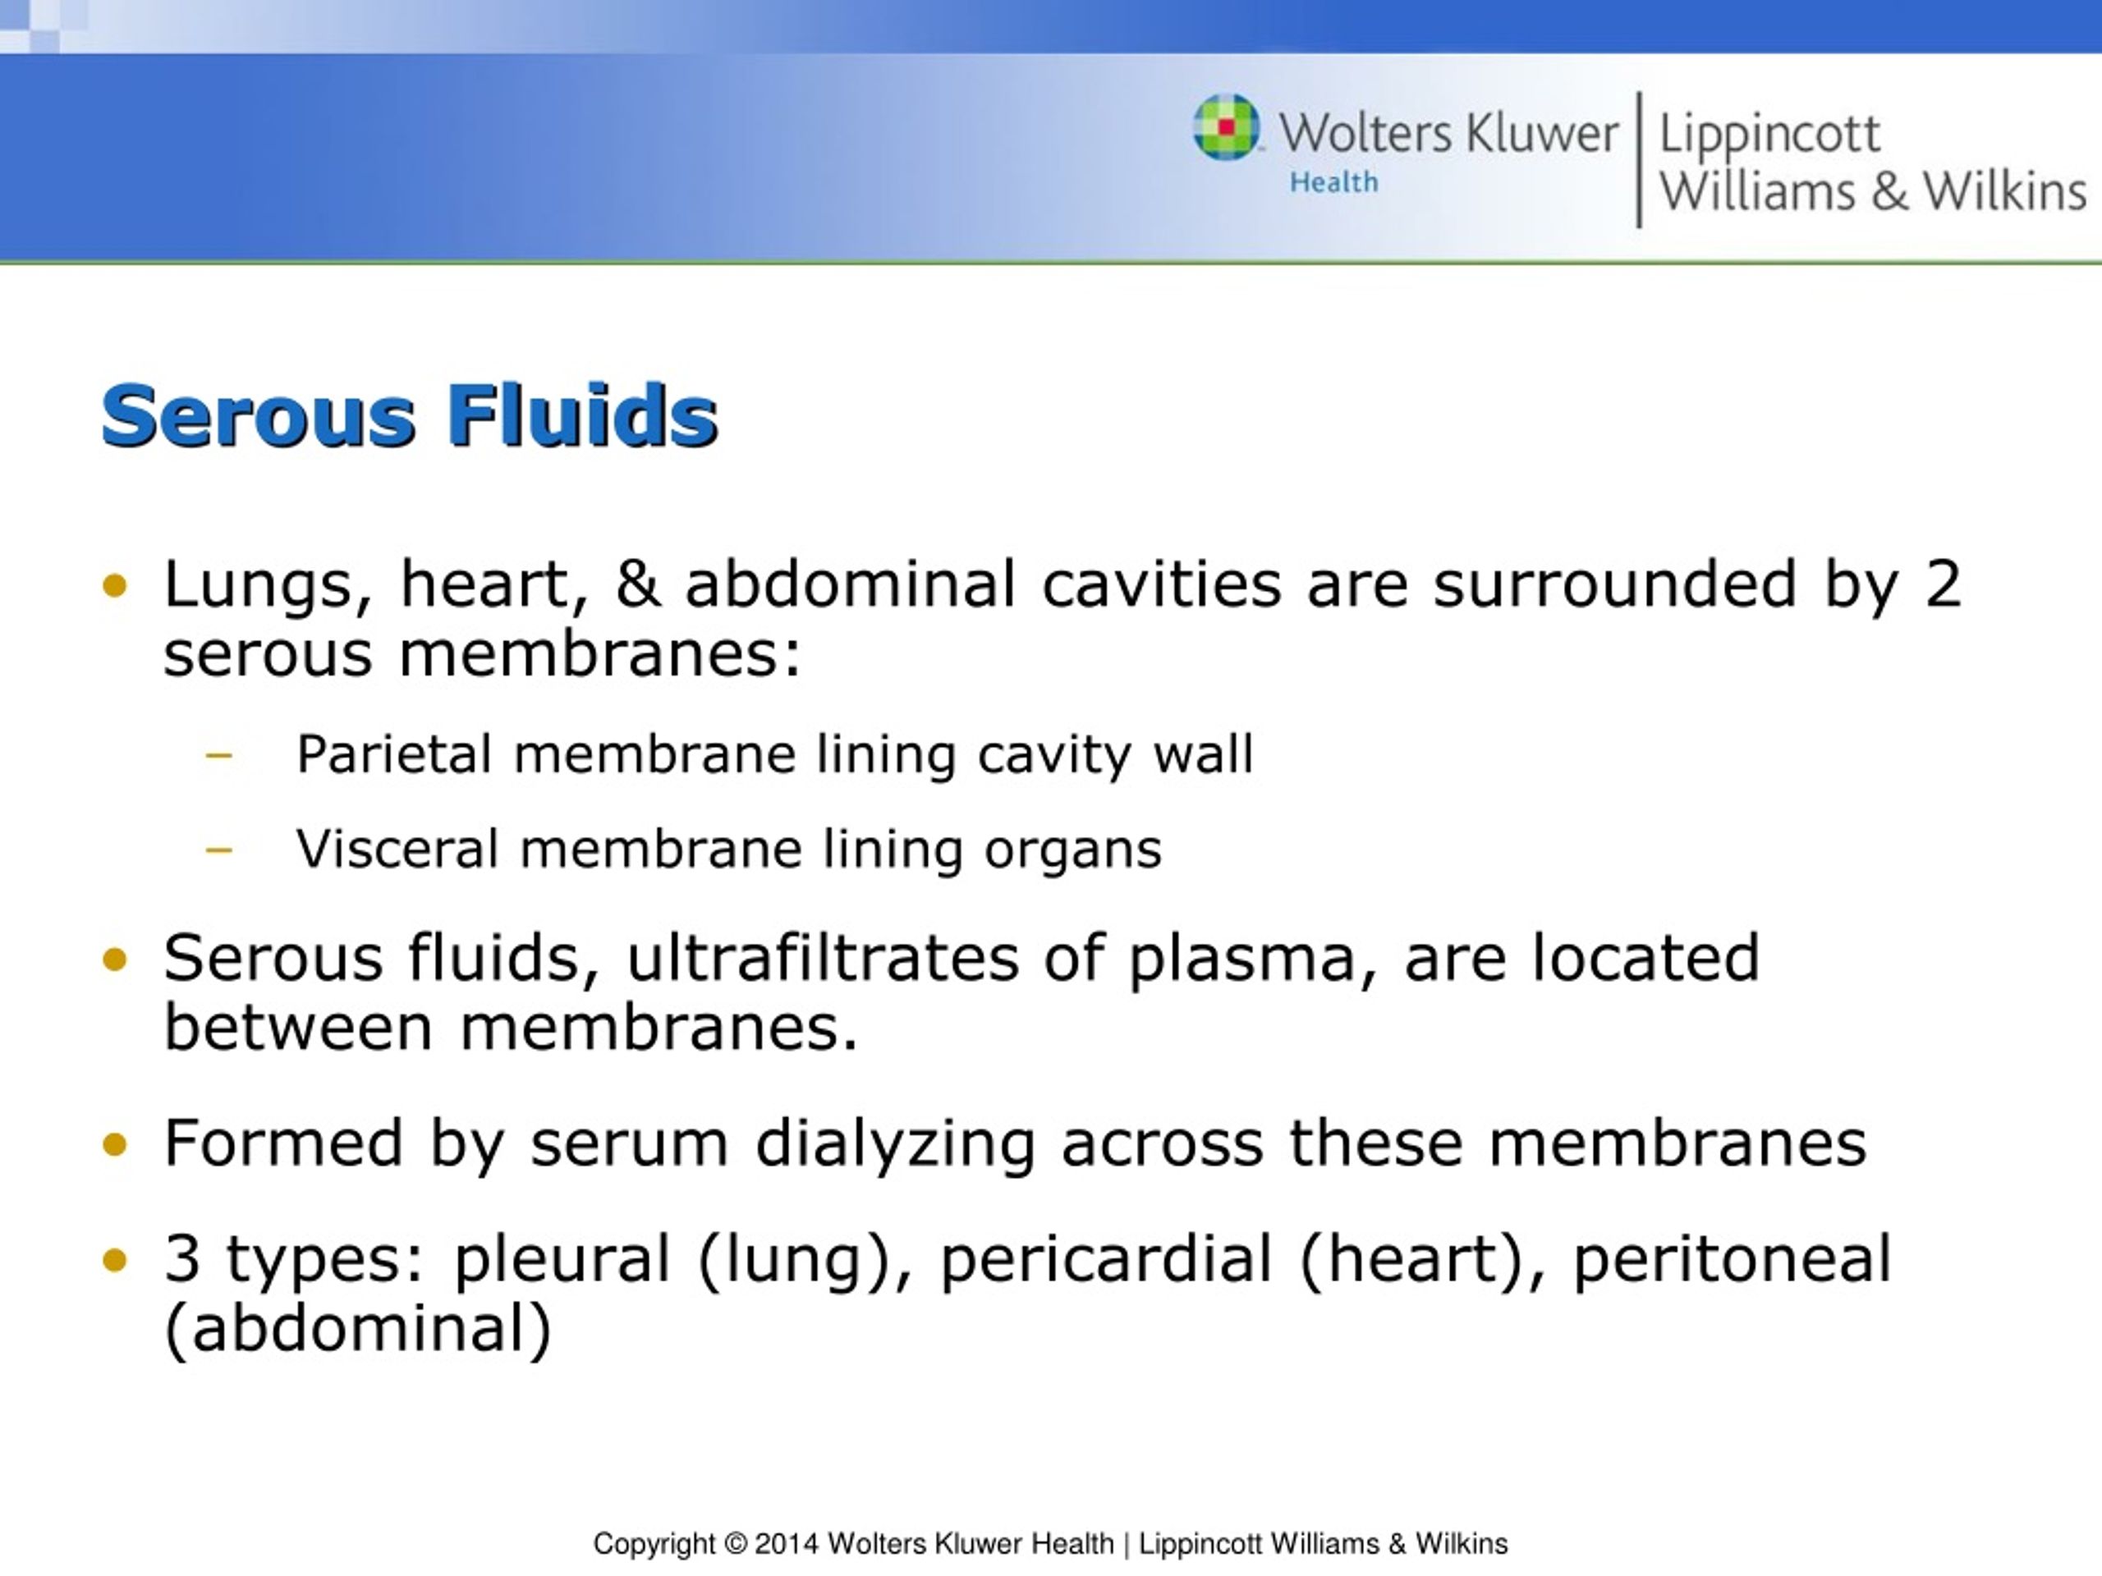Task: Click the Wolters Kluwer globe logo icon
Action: (x=1226, y=127)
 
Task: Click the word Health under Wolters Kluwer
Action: (x=1333, y=181)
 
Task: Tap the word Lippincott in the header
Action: (x=1769, y=134)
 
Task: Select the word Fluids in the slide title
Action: (x=581, y=415)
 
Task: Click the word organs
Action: (x=1072, y=850)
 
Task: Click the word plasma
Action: (x=1251, y=959)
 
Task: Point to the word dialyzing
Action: (x=894, y=1143)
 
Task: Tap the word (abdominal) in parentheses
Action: (x=358, y=1328)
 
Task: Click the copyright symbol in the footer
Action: (x=736, y=1544)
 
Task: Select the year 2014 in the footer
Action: (x=786, y=1544)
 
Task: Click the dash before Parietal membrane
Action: (x=218, y=756)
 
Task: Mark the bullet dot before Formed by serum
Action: (x=114, y=1143)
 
